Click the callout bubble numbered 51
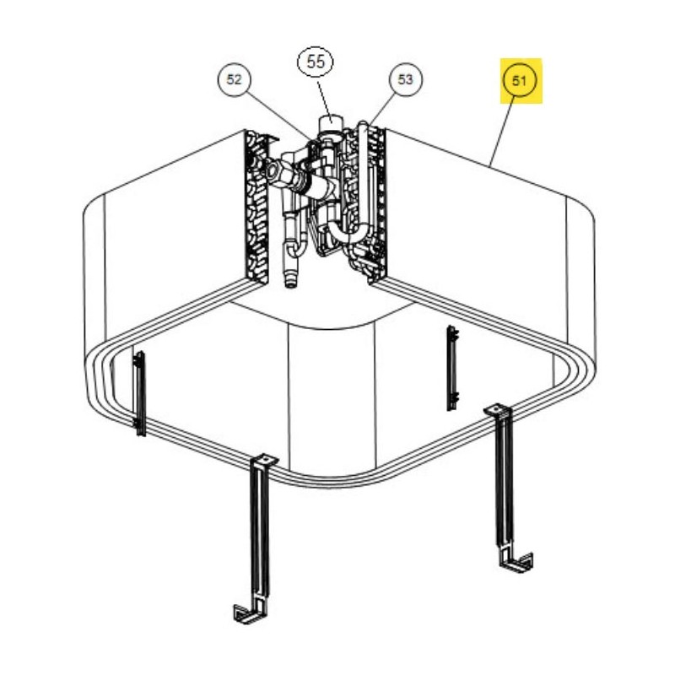[520, 80]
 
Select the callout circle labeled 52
[235, 79]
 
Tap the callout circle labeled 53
[405, 79]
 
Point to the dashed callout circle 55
[316, 62]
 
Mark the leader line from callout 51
[501, 132]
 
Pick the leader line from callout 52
[278, 116]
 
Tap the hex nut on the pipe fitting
[273, 170]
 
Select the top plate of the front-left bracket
[264, 461]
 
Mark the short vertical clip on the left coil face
[140, 394]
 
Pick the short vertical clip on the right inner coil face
[452, 368]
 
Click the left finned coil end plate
[257, 207]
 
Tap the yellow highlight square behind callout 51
[521, 81]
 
